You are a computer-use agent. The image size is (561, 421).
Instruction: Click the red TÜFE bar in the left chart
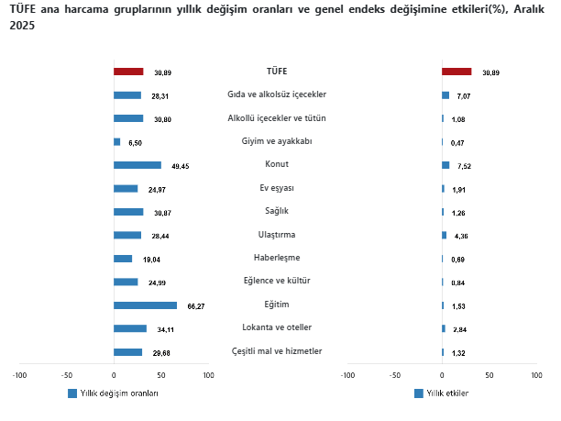click(128, 72)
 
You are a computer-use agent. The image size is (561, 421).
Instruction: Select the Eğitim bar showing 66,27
click(145, 305)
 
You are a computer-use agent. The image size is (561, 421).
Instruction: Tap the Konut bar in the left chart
click(137, 165)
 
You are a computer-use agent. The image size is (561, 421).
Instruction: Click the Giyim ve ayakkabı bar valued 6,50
click(116, 142)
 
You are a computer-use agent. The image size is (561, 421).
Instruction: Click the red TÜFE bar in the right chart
click(456, 72)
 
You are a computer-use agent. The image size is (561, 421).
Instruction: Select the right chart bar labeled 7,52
click(445, 165)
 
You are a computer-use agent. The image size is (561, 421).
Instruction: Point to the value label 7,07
click(463, 95)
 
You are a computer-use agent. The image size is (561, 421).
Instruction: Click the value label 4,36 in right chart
click(460, 236)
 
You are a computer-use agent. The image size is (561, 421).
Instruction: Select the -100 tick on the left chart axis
click(19, 375)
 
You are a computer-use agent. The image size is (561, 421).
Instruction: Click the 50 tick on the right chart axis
click(489, 375)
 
